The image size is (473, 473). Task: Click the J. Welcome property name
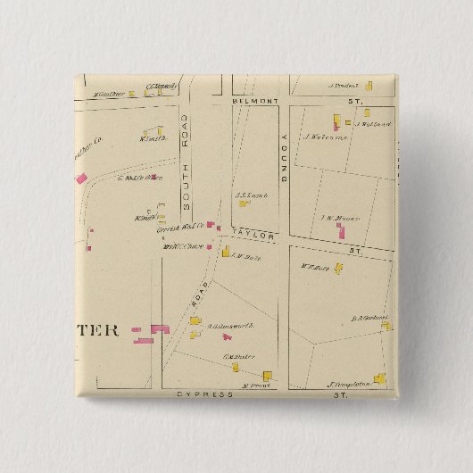[325, 137]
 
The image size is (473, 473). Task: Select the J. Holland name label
[372, 125]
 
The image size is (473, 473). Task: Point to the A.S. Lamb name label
[246, 194]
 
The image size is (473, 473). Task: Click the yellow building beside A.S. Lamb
[243, 203]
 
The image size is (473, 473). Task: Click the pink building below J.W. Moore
[340, 231]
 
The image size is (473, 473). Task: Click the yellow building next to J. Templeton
[379, 378]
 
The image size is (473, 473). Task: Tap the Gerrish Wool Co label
[174, 228]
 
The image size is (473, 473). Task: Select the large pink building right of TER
[160, 329]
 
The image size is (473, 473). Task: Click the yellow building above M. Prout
[265, 377]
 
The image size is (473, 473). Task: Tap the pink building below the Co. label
[81, 178]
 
